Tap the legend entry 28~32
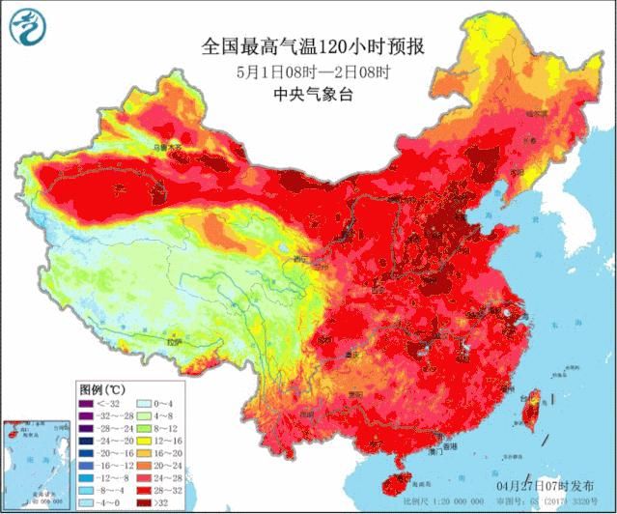click(158, 490)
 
